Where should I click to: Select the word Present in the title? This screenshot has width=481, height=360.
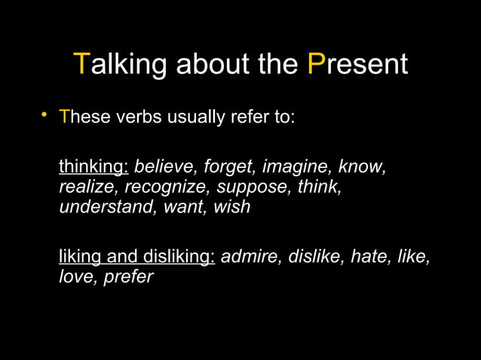pos(358,66)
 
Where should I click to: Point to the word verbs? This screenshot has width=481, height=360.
pos(137,118)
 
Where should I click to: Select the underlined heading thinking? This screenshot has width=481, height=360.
pos(93,166)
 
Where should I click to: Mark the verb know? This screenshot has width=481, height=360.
pos(363,166)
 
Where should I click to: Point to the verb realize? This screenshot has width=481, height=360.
pos(88,186)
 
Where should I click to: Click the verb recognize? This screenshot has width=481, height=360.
pos(167,186)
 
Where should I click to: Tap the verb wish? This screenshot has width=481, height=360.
pos(231,206)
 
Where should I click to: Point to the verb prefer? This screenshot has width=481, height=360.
pos(128,276)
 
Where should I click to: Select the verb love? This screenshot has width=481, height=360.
pos(75,276)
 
